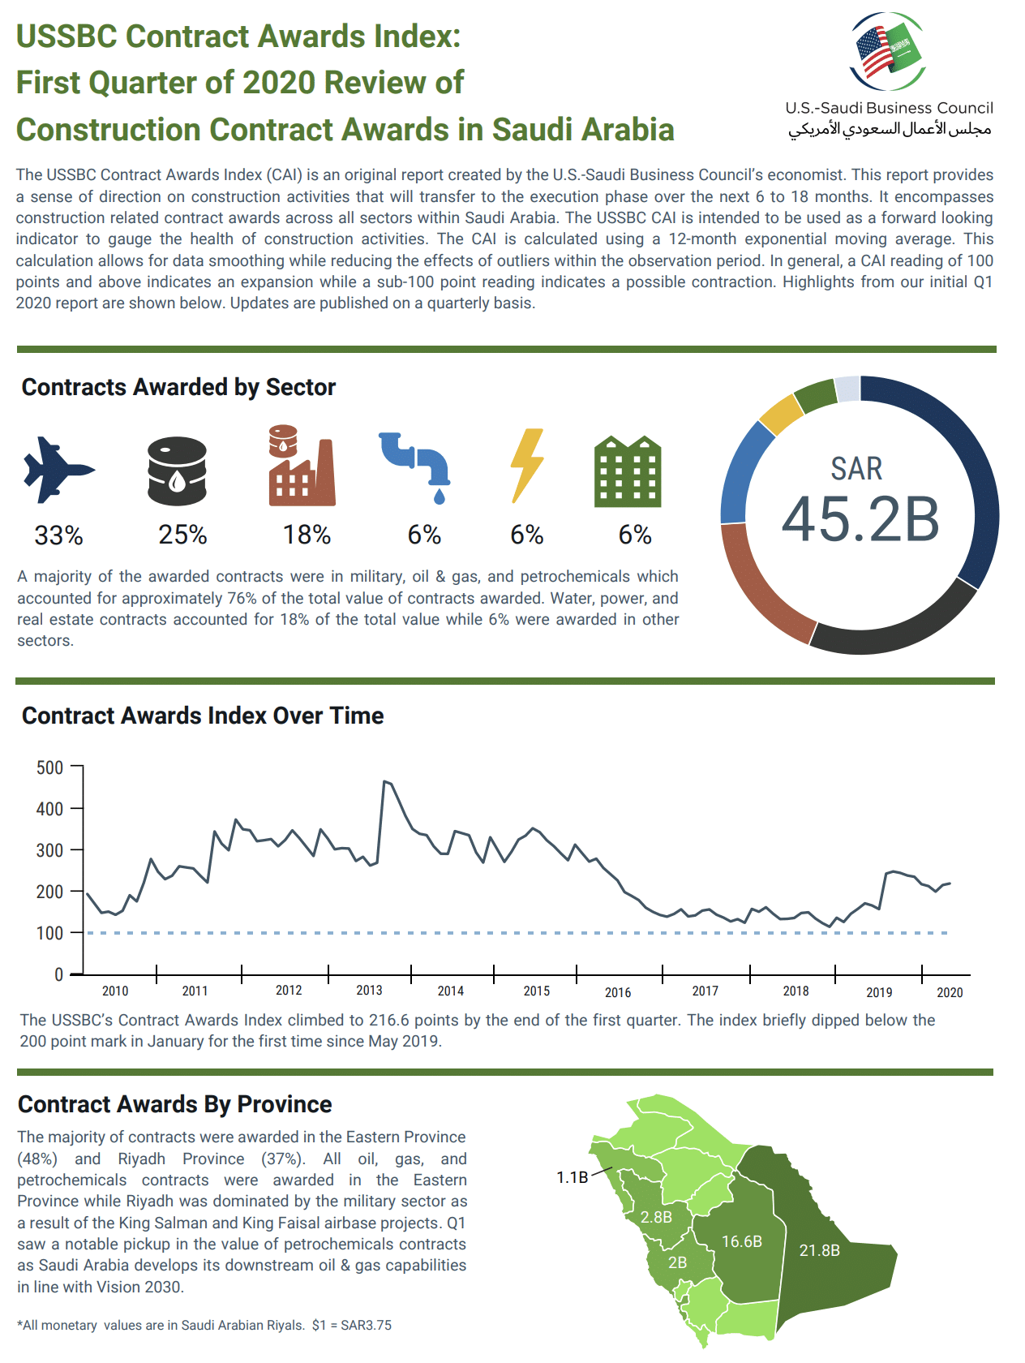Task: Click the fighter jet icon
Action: [x=58, y=471]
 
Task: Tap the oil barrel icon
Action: [x=177, y=471]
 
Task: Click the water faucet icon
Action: [x=416, y=465]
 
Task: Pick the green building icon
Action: [x=628, y=471]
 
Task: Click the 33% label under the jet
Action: [x=58, y=535]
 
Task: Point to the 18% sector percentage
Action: [x=307, y=535]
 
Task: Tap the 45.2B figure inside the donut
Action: [x=860, y=519]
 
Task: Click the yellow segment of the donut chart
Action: [x=780, y=414]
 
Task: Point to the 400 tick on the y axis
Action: [x=49, y=809]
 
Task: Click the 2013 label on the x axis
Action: [x=369, y=991]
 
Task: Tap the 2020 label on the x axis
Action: [x=950, y=992]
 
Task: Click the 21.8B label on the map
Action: [x=820, y=1250]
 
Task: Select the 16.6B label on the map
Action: [x=742, y=1241]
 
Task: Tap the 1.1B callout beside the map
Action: [x=572, y=1177]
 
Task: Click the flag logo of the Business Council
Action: [x=889, y=51]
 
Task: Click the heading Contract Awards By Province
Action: [x=175, y=1104]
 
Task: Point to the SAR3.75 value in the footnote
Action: [x=366, y=1325]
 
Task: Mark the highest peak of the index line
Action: [x=384, y=781]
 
